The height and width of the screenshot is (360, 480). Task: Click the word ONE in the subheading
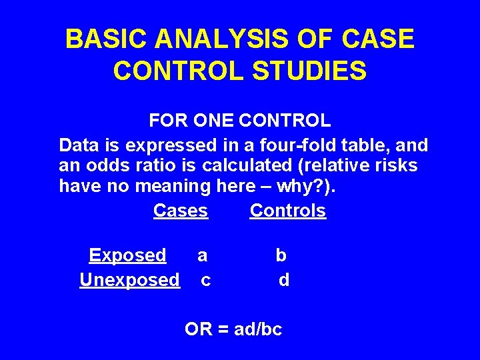pos(215,121)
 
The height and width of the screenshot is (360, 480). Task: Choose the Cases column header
pos(181,211)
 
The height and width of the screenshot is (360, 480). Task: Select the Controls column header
pos(288,211)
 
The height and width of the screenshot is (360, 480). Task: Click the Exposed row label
pos(127,255)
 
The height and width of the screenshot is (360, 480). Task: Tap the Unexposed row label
pos(130,279)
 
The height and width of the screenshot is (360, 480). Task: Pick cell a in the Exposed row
pos(203,255)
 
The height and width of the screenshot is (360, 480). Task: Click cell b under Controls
pos(281,255)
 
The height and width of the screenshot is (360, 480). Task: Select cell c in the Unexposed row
pos(206,280)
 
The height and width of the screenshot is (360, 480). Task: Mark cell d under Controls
pos(284,280)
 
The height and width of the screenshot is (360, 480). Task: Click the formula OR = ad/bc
pos(233,329)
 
